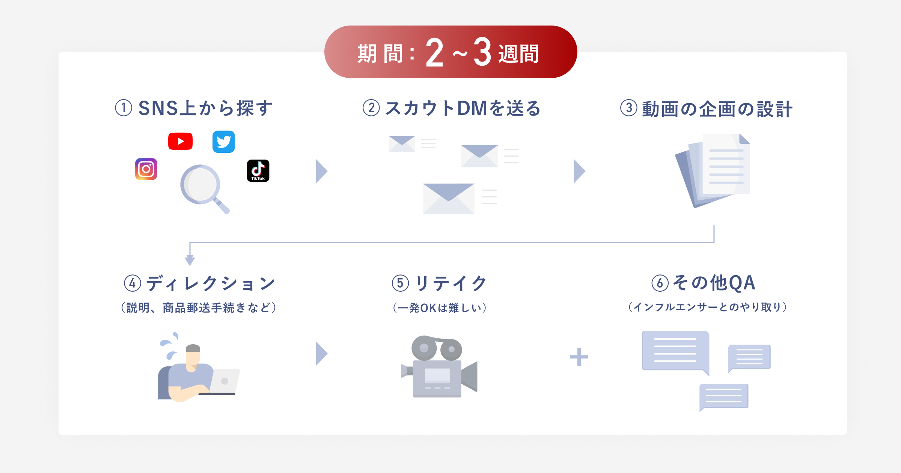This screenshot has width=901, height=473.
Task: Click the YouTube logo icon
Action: click(180, 141)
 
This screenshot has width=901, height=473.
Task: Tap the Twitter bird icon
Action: click(223, 142)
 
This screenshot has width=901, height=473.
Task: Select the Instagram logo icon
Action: click(146, 169)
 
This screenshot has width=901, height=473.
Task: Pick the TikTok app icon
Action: click(258, 170)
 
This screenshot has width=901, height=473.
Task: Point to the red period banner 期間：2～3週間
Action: click(450, 52)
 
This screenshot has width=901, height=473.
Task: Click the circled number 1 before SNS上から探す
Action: click(124, 108)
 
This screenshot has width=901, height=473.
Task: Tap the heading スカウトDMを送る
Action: click(463, 108)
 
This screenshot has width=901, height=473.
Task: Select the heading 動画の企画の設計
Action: click(717, 109)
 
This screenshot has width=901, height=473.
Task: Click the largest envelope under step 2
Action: click(448, 199)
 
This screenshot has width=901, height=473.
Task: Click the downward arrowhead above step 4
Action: click(190, 260)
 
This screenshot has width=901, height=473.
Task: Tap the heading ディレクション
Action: click(211, 283)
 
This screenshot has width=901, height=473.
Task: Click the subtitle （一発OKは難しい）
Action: click(440, 308)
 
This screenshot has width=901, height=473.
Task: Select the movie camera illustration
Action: click(439, 366)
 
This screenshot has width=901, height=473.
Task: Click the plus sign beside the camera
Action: click(579, 357)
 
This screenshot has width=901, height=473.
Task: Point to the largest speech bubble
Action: click(675, 351)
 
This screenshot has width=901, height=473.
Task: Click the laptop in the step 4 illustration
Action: click(224, 381)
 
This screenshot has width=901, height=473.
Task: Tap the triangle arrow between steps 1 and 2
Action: click(321, 171)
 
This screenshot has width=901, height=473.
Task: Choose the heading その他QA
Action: click(713, 283)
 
